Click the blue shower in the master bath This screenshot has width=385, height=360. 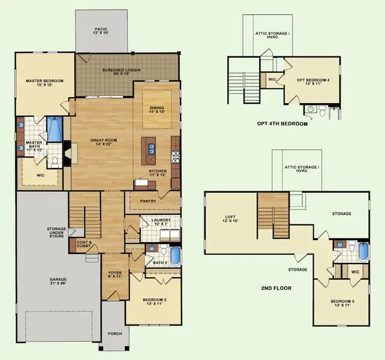(x=54, y=127)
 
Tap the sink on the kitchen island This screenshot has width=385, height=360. (x=148, y=145)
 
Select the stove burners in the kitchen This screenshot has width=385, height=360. (x=176, y=157)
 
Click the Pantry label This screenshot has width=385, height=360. (x=148, y=202)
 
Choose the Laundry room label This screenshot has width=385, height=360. (x=160, y=222)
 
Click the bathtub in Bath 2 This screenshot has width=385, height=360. (x=176, y=256)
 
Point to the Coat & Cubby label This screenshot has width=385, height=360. (x=83, y=244)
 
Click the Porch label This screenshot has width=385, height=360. (x=115, y=334)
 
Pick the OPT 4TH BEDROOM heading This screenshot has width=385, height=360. (x=281, y=124)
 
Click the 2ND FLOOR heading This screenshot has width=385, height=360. (x=276, y=289)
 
